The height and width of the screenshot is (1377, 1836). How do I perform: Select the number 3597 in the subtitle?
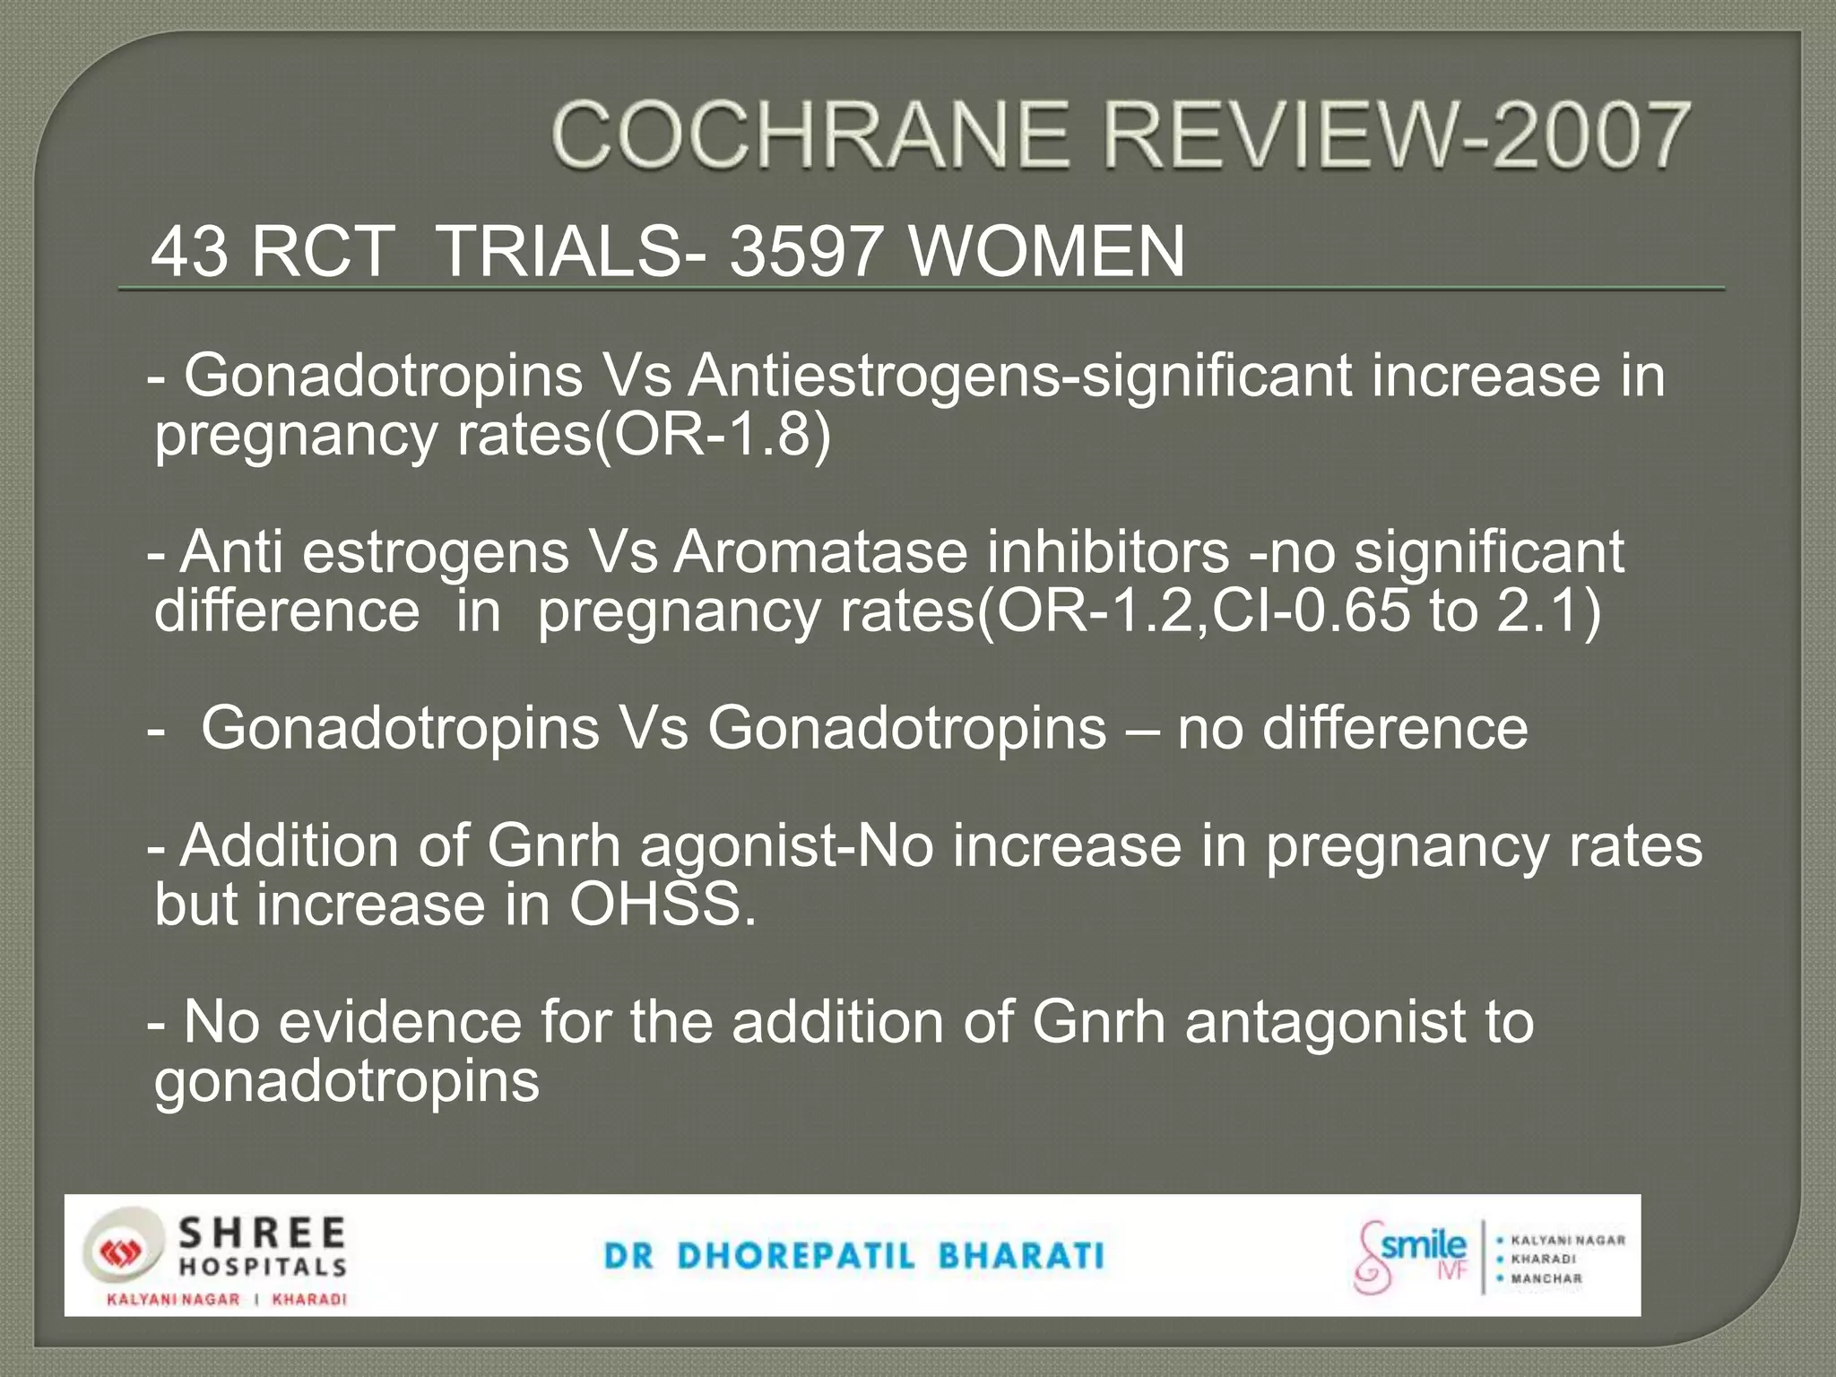(803, 252)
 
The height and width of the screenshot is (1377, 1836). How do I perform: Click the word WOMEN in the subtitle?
(1047, 252)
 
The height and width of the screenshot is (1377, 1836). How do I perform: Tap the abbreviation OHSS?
(663, 905)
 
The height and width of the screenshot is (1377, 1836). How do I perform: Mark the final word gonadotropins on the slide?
(347, 1081)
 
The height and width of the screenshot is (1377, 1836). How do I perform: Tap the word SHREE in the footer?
(262, 1233)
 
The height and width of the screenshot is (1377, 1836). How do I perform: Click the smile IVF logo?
(1411, 1255)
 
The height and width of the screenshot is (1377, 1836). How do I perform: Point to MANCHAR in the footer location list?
(1546, 1278)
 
